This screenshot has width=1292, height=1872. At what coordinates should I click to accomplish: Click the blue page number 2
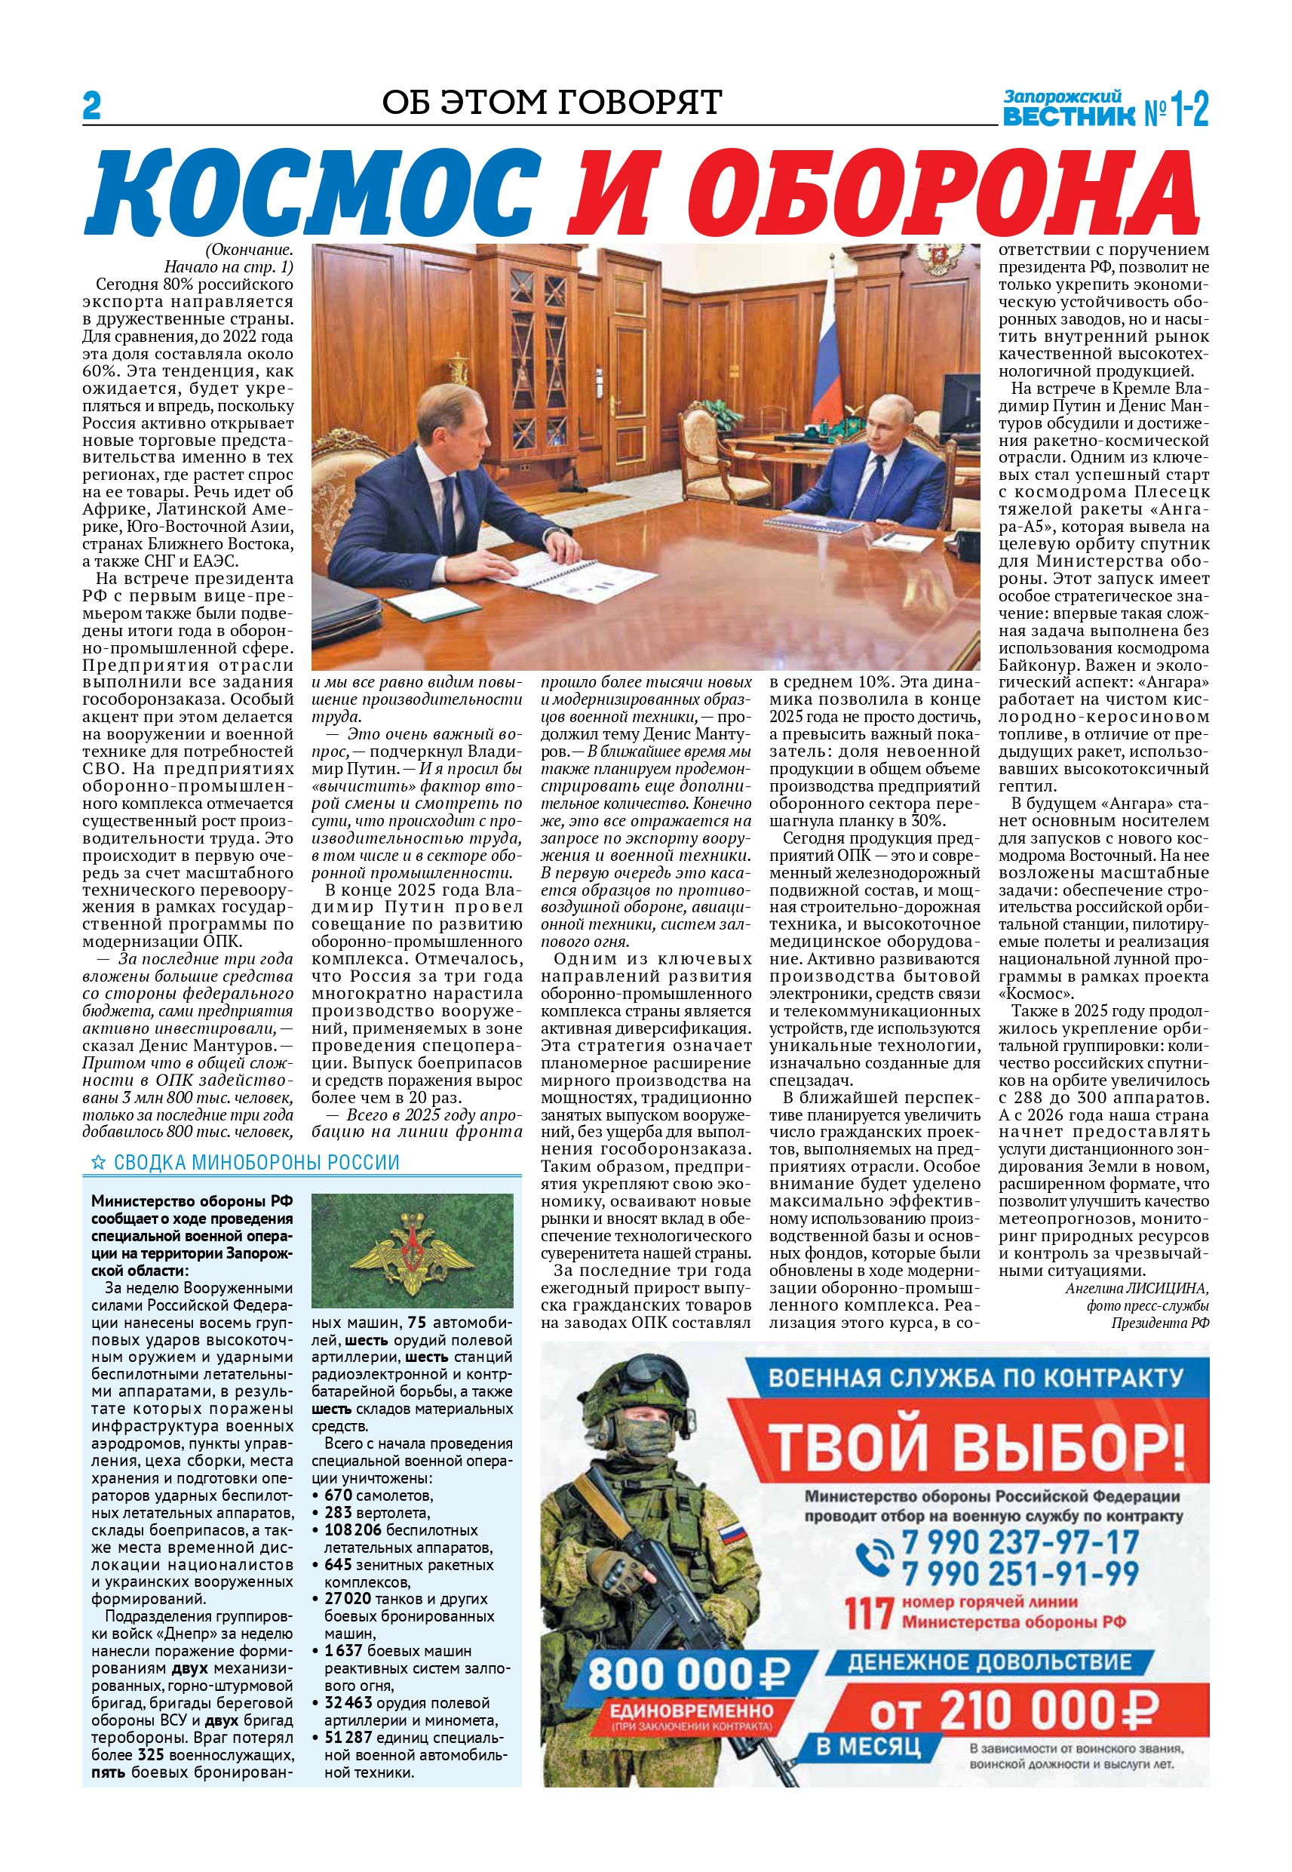(91, 107)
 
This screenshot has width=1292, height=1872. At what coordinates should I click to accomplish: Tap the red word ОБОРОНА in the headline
(883, 195)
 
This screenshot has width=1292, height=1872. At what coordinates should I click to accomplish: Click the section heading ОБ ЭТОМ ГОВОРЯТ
(551, 103)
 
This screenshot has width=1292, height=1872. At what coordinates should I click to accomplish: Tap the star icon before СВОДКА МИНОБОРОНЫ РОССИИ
(98, 1163)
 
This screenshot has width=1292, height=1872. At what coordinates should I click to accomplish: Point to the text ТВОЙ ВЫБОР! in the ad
(974, 1447)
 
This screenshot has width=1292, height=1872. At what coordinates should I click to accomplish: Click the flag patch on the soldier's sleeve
(732, 1532)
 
